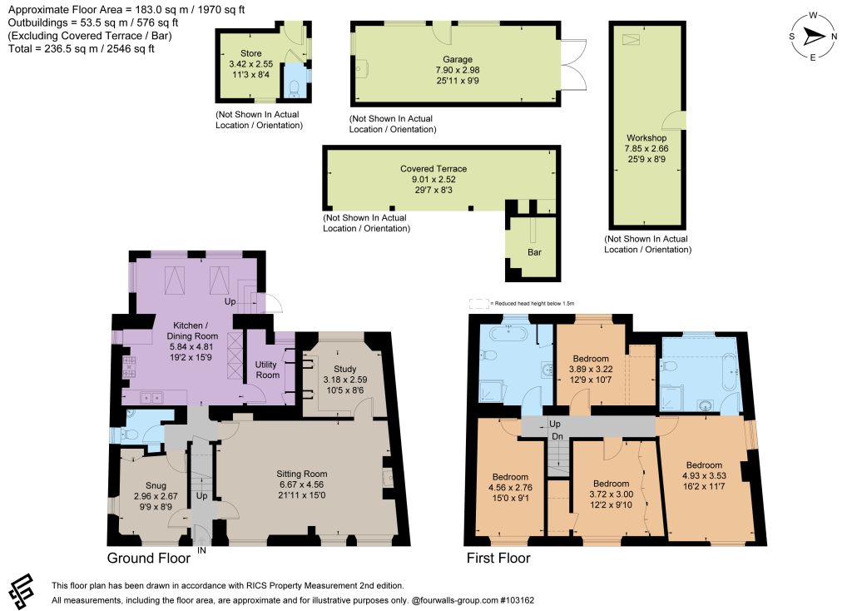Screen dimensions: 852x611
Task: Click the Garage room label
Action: point(458,59)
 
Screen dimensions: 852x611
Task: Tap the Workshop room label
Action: point(646,138)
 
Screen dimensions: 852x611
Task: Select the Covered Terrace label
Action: point(433,169)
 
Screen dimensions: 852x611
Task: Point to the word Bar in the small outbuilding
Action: point(535,252)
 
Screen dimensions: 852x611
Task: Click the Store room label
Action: point(251,53)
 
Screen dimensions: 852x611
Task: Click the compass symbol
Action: point(813,37)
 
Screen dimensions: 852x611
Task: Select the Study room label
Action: point(345,369)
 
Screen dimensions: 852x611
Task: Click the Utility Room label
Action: point(267,370)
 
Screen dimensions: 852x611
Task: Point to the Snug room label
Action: point(156,485)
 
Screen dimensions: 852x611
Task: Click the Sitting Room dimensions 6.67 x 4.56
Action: point(301,484)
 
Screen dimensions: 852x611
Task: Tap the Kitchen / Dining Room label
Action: point(192,330)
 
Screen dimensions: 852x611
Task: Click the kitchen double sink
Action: point(151,399)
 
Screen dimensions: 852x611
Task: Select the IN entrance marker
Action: point(201,551)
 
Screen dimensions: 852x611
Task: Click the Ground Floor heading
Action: point(149,559)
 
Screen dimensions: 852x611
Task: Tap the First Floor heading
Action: point(498,559)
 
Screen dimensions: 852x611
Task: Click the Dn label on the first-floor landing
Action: point(557,436)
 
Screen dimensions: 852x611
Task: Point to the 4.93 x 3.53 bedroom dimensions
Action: point(704,475)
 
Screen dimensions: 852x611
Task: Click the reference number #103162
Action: point(518,601)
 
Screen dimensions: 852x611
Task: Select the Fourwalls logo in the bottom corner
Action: point(21,591)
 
